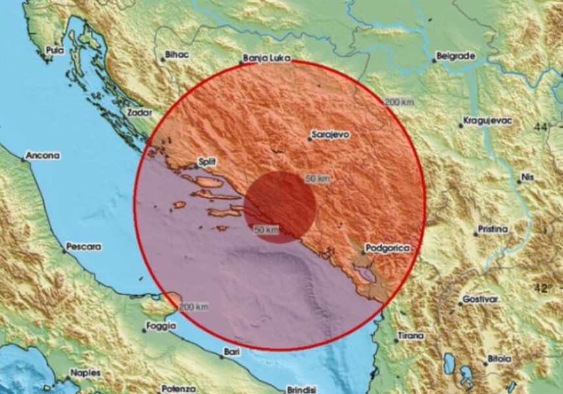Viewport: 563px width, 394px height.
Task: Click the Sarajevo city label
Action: (x=331, y=134)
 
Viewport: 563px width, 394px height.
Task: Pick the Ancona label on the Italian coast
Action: (x=43, y=156)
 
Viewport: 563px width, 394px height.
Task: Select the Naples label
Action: (x=86, y=372)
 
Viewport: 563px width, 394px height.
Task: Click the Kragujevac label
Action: (x=488, y=121)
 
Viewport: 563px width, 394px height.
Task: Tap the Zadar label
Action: (x=139, y=113)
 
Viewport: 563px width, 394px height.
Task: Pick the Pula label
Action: (x=54, y=49)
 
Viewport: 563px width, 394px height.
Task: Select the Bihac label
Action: (x=177, y=55)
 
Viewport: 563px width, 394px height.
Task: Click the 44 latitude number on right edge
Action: (x=540, y=127)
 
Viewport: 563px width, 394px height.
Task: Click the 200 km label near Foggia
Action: (x=194, y=306)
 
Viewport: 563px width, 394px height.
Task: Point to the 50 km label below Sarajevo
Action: (x=318, y=178)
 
